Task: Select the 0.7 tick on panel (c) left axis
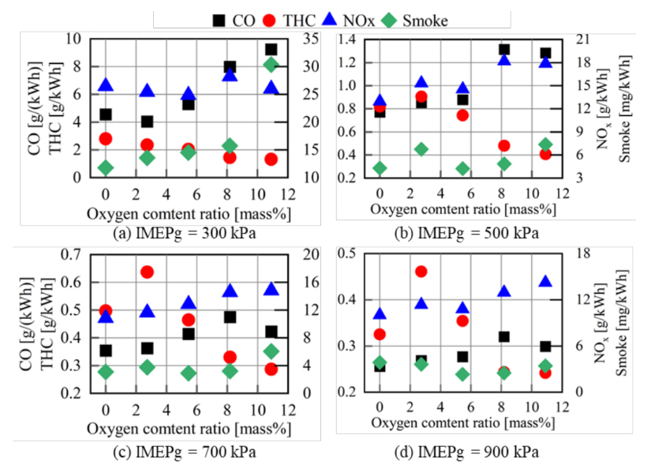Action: point(71,253)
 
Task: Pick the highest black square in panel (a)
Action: point(271,50)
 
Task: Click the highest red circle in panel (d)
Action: point(421,272)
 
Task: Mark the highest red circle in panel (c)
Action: point(147,272)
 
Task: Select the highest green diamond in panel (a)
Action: point(271,65)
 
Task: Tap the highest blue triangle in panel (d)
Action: point(545,282)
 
